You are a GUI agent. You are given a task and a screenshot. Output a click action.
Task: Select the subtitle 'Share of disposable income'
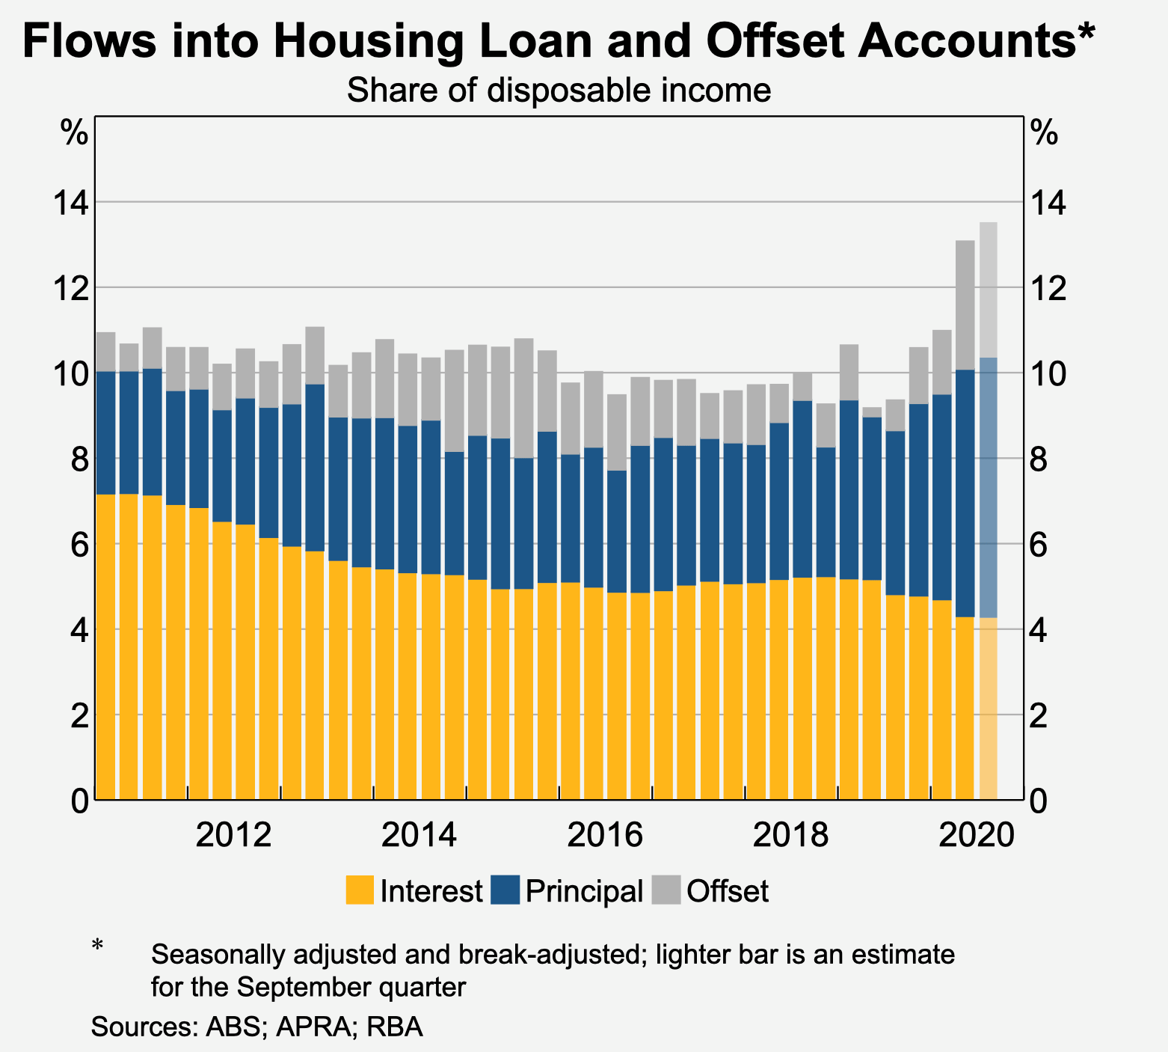(559, 91)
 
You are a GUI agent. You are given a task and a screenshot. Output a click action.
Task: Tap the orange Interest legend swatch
(360, 890)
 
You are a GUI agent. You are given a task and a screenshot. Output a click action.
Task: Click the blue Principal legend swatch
(505, 890)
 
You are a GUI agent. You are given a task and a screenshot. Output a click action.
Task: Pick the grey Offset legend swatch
(666, 890)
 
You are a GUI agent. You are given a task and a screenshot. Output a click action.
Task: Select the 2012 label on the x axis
(233, 835)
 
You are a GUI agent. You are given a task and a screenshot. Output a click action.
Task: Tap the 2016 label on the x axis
(605, 835)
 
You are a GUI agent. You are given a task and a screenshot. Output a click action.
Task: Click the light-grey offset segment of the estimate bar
(988, 290)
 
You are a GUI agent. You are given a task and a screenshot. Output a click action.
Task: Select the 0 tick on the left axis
(79, 801)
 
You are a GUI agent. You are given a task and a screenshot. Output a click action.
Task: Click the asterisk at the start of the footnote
(97, 947)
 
